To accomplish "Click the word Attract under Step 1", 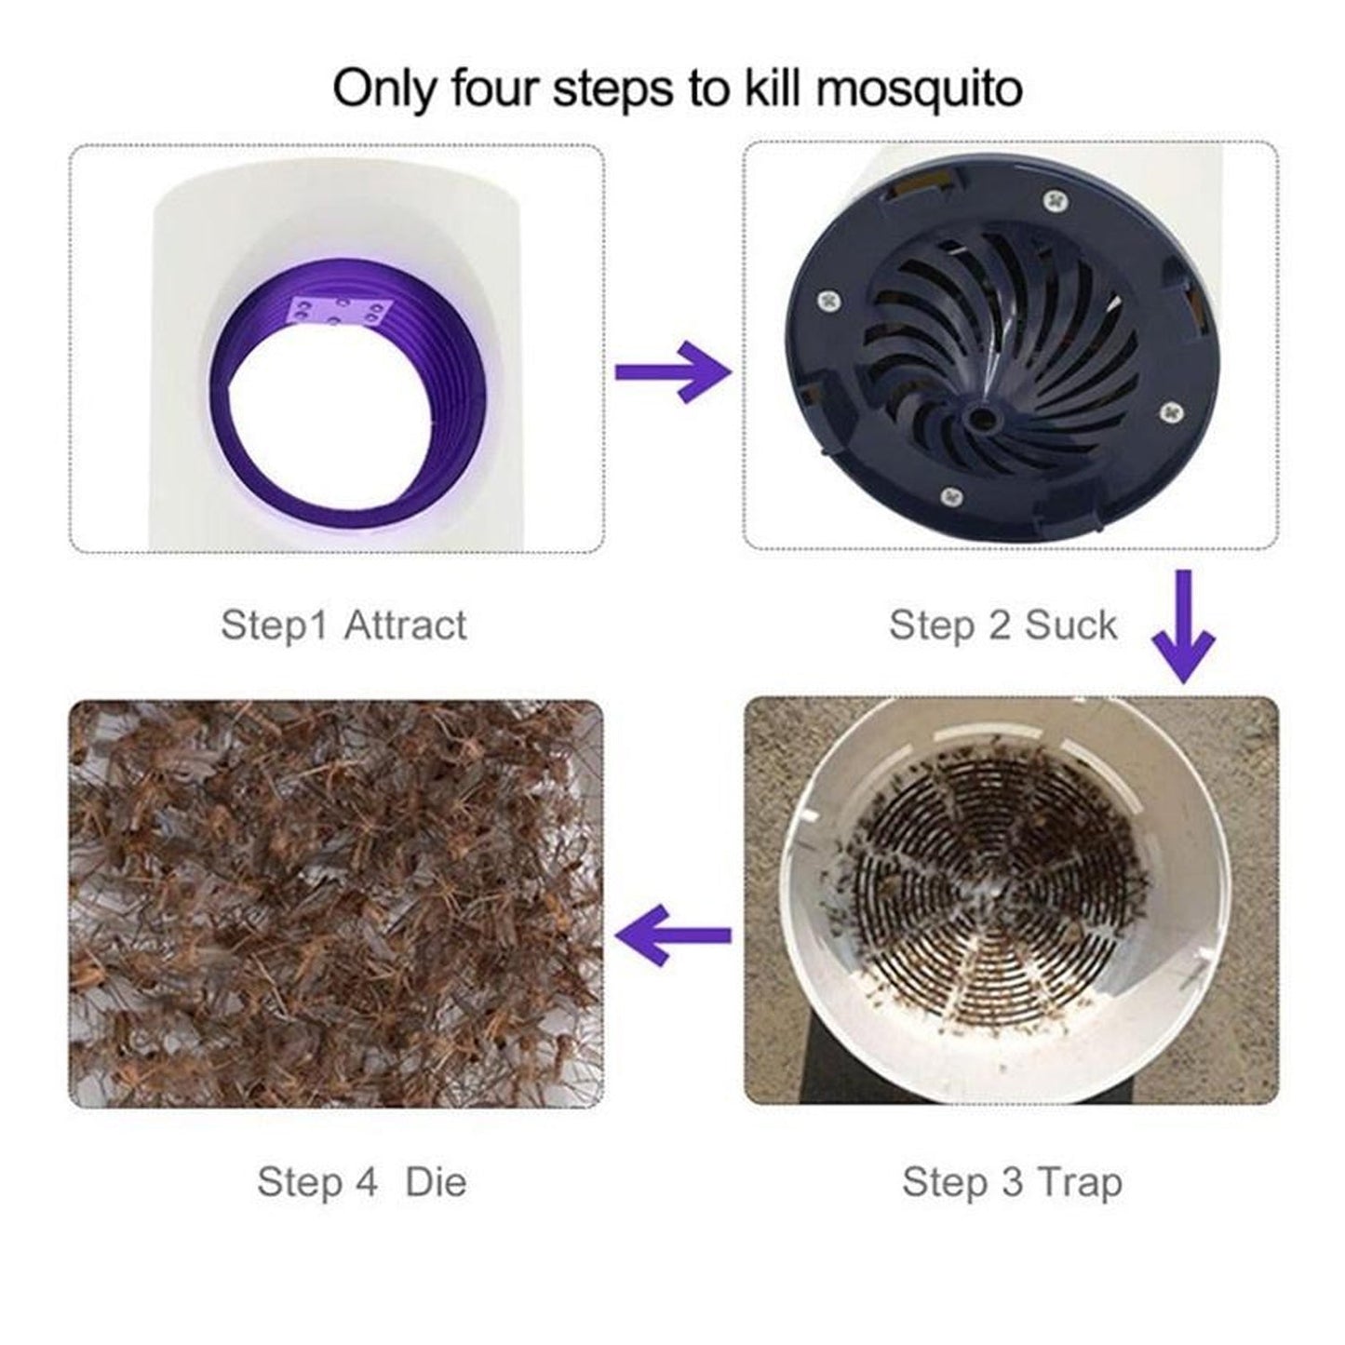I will pyautogui.click(x=405, y=625).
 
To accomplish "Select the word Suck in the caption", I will pyautogui.click(x=1070, y=625).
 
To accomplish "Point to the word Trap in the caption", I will pyautogui.click(x=1079, y=1182).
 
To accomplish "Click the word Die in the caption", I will pyautogui.click(x=436, y=1182).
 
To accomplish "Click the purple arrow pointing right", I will pyautogui.click(x=673, y=371).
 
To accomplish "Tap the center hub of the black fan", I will pyautogui.click(x=978, y=420).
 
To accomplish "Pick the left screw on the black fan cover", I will pyautogui.click(x=830, y=301).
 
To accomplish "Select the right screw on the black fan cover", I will pyautogui.click(x=1170, y=408).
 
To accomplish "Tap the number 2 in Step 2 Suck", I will pyautogui.click(x=1000, y=625).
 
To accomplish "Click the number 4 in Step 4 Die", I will pyautogui.click(x=366, y=1182).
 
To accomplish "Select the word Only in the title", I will pyautogui.click(x=386, y=90).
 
